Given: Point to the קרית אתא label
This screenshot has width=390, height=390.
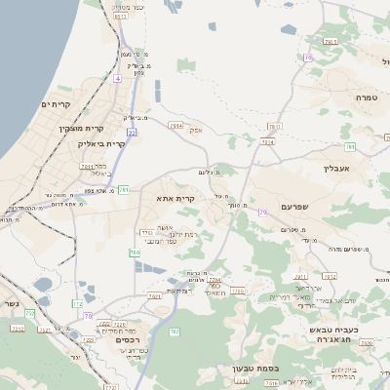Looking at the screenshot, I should [x=176, y=198].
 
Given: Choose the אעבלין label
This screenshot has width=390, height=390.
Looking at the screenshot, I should [x=336, y=168].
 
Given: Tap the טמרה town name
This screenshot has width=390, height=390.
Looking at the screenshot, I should [x=366, y=97].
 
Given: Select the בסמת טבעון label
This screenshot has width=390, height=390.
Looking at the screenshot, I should [x=255, y=368].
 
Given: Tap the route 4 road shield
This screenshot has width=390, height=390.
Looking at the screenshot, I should [x=117, y=77].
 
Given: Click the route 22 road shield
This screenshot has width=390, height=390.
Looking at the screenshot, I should [x=131, y=132].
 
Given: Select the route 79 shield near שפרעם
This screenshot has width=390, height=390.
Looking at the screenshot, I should [x=262, y=211].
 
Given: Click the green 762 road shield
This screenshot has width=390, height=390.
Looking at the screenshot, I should [x=175, y=332].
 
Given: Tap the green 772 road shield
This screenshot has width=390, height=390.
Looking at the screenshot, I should [x=76, y=304].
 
